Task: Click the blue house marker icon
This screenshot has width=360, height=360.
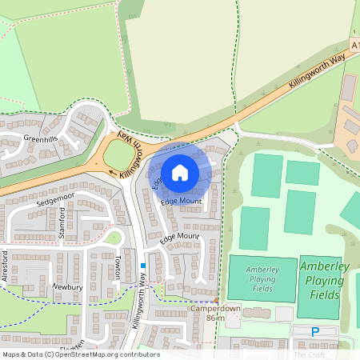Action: click(180, 173)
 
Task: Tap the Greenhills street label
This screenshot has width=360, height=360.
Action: click(42, 138)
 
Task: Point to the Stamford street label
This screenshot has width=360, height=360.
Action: click(61, 222)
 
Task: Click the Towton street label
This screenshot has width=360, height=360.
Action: click(117, 266)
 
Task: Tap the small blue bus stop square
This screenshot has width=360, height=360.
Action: click(143, 266)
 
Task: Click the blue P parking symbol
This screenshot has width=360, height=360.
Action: click(314, 331)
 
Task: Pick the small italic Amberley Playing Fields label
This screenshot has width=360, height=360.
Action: click(262, 279)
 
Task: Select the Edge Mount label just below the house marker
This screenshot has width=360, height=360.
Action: click(181, 201)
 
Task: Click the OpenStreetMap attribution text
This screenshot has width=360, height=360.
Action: click(80, 354)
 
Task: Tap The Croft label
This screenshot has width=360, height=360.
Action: click(309, 354)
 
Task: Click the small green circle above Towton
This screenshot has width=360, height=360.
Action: click(114, 237)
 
